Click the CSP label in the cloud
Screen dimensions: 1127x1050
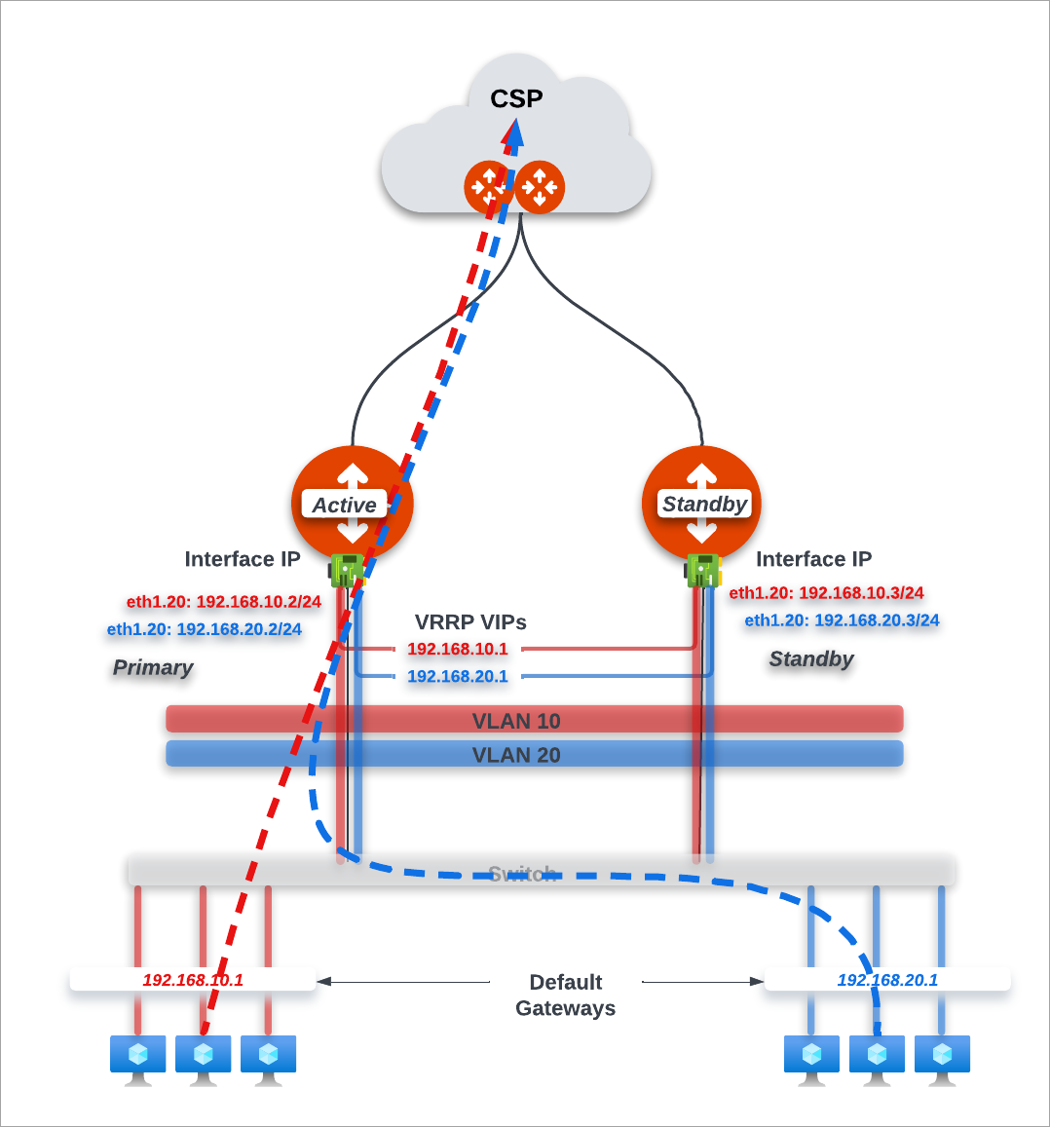click(x=516, y=98)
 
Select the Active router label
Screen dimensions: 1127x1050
click(x=344, y=505)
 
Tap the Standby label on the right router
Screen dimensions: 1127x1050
click(x=704, y=504)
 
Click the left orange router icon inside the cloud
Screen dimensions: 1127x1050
click(x=488, y=186)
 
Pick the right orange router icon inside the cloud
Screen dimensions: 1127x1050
click(x=540, y=186)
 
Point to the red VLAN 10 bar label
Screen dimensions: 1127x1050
click(x=516, y=721)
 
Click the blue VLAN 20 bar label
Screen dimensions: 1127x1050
click(x=516, y=755)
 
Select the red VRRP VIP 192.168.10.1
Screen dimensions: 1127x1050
click(x=458, y=649)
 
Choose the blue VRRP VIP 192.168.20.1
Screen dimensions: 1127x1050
click(x=458, y=676)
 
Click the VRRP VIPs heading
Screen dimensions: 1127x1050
click(x=470, y=621)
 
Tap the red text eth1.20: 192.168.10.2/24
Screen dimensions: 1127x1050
click(x=224, y=602)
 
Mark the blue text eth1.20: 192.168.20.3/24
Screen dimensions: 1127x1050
click(x=842, y=620)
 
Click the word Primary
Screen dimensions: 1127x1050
click(x=153, y=667)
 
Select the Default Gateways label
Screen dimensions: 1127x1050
click(x=566, y=995)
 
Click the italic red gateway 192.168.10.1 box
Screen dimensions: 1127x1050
click(x=193, y=980)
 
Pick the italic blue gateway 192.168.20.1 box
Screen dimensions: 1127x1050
click(x=887, y=980)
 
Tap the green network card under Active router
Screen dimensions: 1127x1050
click(x=346, y=570)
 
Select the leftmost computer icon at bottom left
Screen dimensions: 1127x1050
click(x=137, y=1058)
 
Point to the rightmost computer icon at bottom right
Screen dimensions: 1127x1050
click(x=942, y=1058)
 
